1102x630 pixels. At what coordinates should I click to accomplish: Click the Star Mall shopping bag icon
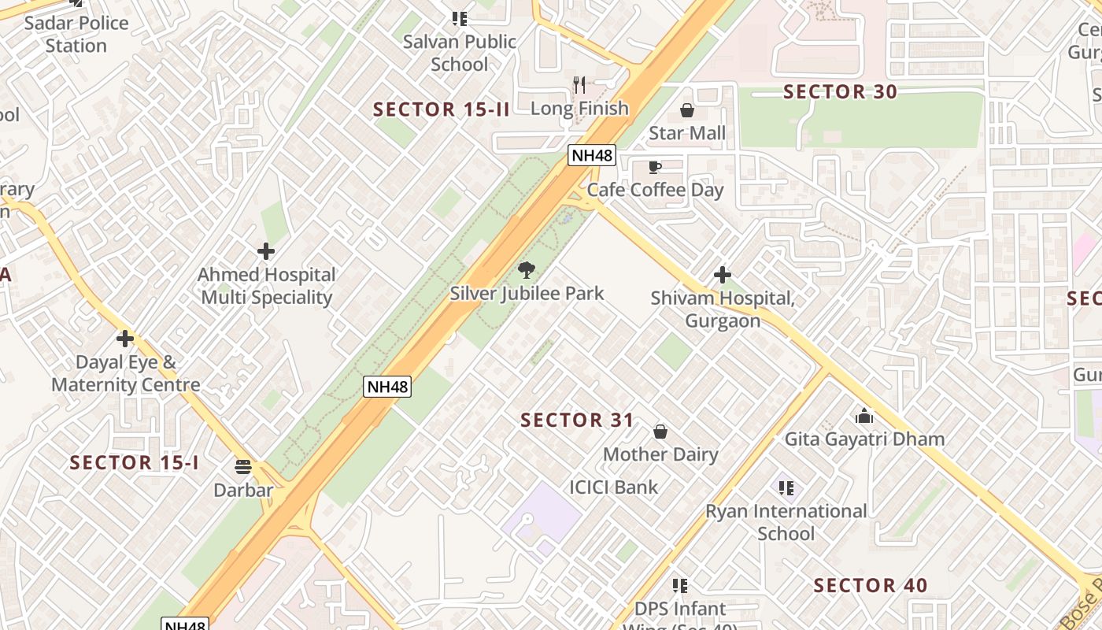pos(687,110)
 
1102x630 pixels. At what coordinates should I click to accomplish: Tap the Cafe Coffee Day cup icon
pos(654,167)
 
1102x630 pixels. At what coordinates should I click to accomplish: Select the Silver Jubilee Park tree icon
pos(526,271)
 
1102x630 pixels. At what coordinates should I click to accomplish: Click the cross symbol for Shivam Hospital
pos(722,275)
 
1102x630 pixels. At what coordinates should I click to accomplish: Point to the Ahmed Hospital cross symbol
pos(266,251)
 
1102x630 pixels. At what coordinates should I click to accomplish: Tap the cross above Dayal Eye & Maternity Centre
pos(124,339)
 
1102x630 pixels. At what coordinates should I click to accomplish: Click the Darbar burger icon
pos(243,467)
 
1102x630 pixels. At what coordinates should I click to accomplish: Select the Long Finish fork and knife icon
pos(579,85)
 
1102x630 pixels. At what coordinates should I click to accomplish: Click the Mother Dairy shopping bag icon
pos(660,432)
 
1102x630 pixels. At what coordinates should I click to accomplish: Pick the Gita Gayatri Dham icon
pos(864,416)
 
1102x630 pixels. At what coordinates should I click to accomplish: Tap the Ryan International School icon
pos(786,488)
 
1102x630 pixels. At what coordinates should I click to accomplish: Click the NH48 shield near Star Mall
pos(591,155)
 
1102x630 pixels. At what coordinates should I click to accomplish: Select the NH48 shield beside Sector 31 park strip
pos(387,387)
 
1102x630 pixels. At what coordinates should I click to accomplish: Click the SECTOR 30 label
pos(840,92)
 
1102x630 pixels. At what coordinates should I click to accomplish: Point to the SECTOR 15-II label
pos(442,109)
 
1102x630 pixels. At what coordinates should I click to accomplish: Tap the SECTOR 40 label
pos(871,586)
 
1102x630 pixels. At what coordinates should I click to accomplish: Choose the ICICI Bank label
pos(614,487)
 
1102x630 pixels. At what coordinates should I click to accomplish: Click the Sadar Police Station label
pos(76,34)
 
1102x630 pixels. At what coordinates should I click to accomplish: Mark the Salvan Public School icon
pos(459,18)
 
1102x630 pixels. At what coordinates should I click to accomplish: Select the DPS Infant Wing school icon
pos(680,586)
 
